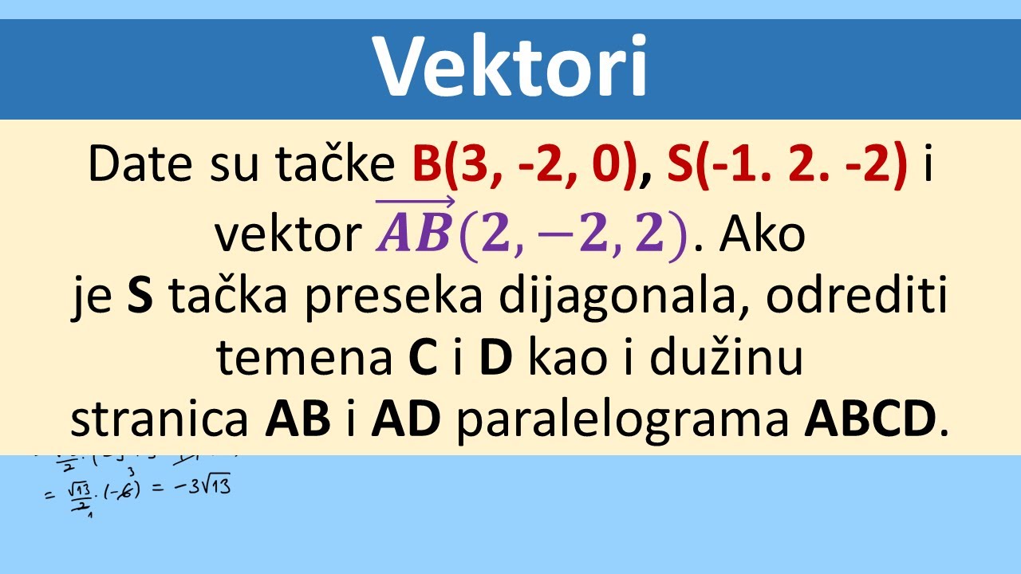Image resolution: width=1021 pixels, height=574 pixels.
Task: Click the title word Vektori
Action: click(x=510, y=67)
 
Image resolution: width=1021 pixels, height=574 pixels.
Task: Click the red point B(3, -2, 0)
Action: click(x=526, y=165)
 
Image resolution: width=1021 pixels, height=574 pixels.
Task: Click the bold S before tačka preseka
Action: click(x=140, y=297)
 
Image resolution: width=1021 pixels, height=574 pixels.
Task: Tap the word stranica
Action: click(x=160, y=420)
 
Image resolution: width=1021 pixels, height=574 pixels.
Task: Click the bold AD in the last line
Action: click(x=405, y=420)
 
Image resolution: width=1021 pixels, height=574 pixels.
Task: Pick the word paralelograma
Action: click(x=623, y=420)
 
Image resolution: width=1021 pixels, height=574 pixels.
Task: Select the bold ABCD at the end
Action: click(x=869, y=420)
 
